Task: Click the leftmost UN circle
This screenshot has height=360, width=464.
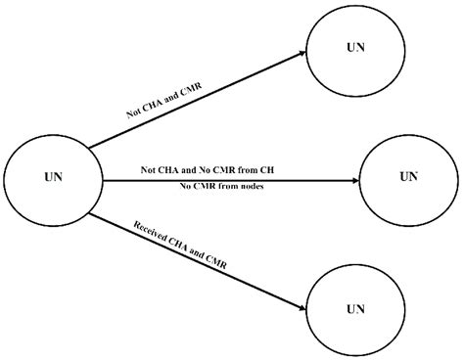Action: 54,179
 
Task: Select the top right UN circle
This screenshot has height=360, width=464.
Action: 354,47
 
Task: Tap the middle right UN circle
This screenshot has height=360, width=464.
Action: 408,177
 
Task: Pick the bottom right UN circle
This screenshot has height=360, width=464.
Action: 354,307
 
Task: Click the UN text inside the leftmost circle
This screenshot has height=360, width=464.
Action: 55,179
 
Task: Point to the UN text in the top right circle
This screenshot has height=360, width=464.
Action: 354,47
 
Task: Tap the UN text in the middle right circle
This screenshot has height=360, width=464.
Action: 409,177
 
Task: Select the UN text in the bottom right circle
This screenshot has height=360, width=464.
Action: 354,307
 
